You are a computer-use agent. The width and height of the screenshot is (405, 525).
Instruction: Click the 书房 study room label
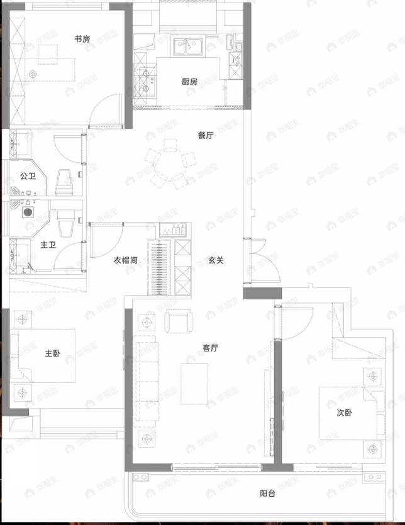82,39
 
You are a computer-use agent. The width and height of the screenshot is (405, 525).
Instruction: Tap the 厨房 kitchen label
189,82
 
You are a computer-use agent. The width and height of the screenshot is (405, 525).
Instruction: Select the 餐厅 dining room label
206,135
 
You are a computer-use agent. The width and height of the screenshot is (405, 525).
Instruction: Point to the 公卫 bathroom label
27,176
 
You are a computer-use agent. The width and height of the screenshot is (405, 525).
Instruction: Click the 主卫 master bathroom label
48,245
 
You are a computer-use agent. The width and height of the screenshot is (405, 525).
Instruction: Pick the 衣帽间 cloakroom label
125,260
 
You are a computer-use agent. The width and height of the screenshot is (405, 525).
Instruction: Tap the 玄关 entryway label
216,260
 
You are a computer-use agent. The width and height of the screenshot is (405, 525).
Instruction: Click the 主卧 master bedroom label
52,354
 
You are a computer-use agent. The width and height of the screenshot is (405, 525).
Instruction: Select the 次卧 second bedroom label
344,412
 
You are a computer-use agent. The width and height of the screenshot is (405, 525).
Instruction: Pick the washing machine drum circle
28,213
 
